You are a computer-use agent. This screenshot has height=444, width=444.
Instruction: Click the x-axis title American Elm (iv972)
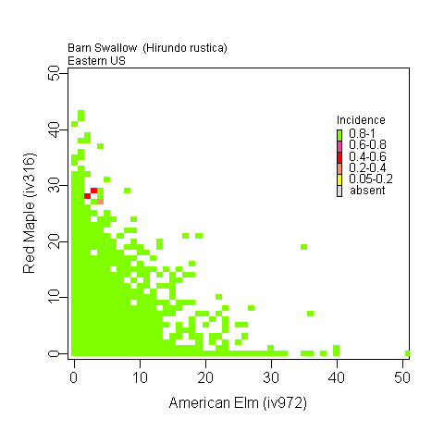pos(238,404)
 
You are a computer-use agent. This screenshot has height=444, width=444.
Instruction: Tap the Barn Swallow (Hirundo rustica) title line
pos(147,47)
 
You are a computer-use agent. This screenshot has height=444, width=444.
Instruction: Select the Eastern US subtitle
pos(96,60)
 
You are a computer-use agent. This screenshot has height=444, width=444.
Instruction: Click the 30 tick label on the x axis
pos(271,377)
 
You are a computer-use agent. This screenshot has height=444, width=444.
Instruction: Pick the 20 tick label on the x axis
pos(205,377)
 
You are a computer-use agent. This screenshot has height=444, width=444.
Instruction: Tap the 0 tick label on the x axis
pos(74,377)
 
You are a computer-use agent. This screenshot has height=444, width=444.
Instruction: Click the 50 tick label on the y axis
pos(55,76)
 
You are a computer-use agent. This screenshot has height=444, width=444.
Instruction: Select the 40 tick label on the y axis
pos(55,131)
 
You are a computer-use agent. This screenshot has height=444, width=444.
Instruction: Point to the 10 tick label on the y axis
pos(55,297)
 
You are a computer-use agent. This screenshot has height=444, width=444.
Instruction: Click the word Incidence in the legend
pos(361,120)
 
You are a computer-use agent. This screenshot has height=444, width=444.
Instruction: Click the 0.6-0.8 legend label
pos(367,145)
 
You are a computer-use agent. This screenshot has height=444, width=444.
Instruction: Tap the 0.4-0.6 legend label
pos(367,156)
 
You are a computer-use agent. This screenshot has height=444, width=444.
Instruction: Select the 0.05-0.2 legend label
pos(371,179)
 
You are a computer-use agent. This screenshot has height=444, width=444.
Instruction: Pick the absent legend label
pos(367,190)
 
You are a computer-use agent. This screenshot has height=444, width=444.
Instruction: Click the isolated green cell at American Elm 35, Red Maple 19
pos(303,247)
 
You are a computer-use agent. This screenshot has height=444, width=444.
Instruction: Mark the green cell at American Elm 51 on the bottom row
pos(408,353)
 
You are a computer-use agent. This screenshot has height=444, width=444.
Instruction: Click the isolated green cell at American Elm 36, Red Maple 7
pos(310,314)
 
